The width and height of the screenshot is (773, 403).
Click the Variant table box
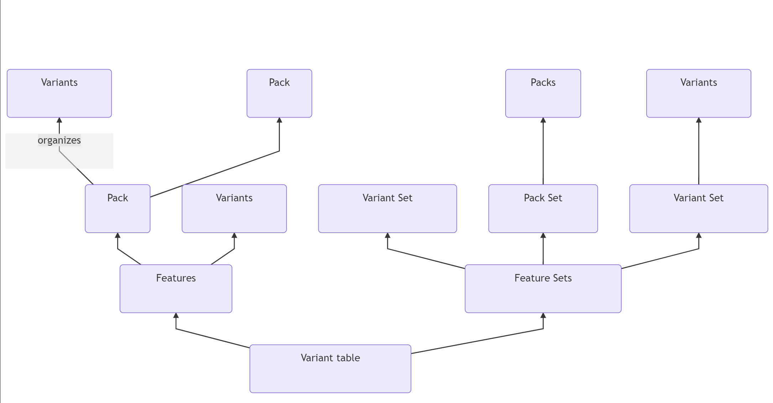tap(330, 368)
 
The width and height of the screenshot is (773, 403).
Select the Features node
tap(176, 288)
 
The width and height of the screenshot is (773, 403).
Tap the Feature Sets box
tap(543, 288)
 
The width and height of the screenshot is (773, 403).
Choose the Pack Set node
tap(543, 208)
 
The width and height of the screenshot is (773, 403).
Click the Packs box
tap(543, 93)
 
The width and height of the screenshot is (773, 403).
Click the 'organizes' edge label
tap(59, 140)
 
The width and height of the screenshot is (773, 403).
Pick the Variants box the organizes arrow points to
tap(59, 93)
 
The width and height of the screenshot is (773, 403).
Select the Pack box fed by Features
tap(117, 208)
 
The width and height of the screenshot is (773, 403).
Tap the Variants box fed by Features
tap(234, 208)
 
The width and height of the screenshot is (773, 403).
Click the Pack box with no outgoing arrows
tap(279, 93)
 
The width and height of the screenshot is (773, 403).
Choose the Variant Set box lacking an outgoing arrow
tap(387, 208)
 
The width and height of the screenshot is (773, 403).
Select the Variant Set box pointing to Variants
tap(698, 208)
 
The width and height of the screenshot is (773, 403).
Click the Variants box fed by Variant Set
tap(698, 93)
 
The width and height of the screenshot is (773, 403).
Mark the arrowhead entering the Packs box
tap(543, 120)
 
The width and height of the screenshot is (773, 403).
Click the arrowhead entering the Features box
tap(176, 315)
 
